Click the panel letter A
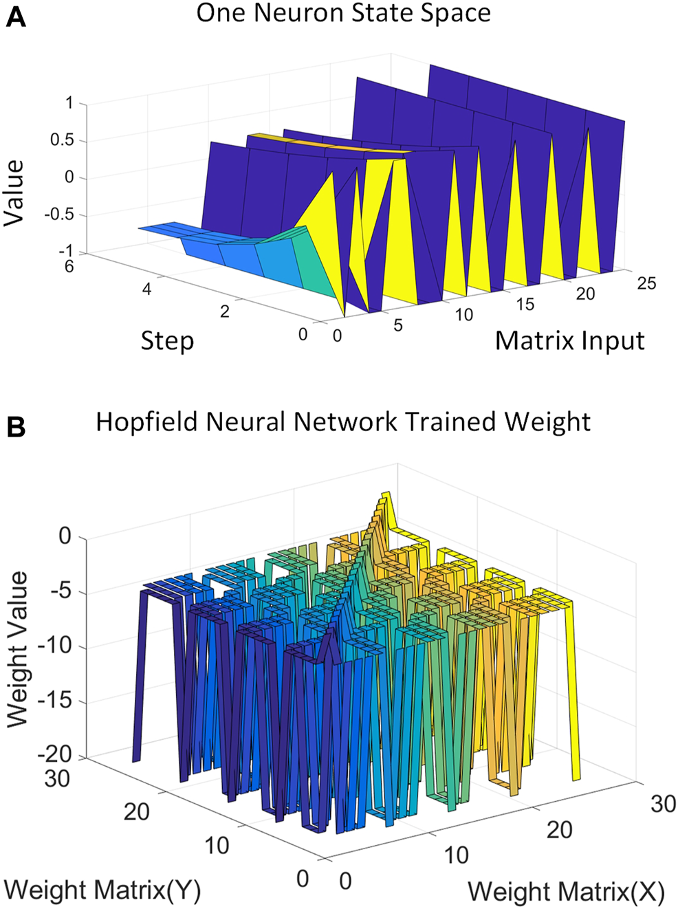coord(15,17)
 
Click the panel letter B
coord(15,427)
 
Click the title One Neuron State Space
coord(343,14)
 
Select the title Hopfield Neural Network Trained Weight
coord(342,421)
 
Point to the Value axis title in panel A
coord(14,193)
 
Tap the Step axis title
coord(167,341)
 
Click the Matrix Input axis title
coord(569,341)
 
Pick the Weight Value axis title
coord(17,649)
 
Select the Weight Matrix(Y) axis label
coord(102,890)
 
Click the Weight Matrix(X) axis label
coord(566,892)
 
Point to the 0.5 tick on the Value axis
coord(62,140)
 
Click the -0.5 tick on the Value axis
coord(59,215)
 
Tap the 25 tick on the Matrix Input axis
coord(646,283)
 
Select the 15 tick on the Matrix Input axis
coord(525,305)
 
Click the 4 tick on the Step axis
coord(146,289)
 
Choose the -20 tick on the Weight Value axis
coord(55,755)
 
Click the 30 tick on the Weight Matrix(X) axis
coord(663,804)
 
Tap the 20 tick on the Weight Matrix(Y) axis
coord(136,812)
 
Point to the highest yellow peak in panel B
coord(386,495)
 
